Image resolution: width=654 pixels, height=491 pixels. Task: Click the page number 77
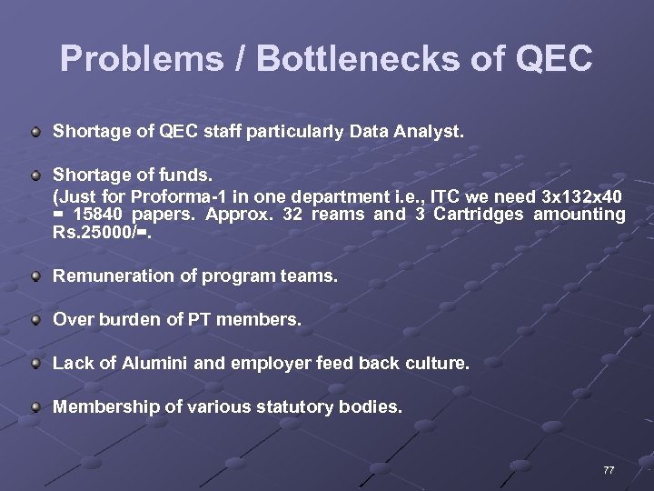click(609, 470)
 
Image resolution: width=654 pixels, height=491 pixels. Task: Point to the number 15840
click(102, 215)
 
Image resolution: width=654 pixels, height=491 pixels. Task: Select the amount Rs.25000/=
click(93, 234)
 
